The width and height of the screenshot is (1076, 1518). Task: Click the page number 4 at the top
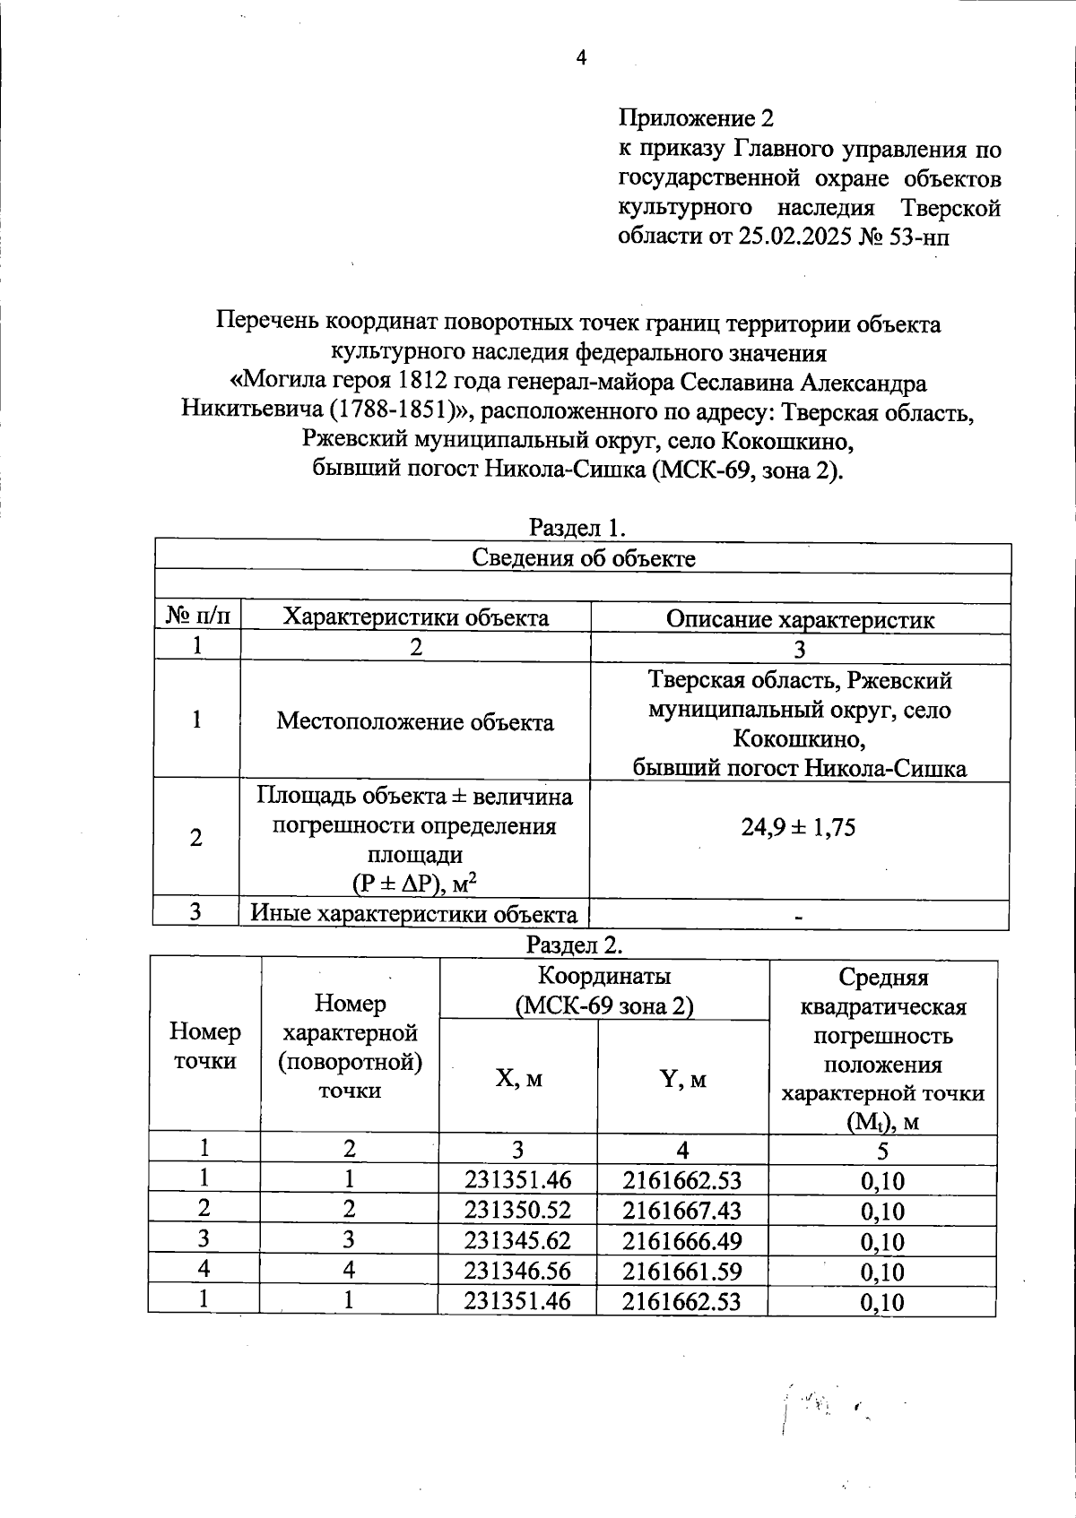pyautogui.click(x=581, y=58)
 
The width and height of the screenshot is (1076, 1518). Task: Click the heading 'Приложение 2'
pyautogui.click(x=695, y=117)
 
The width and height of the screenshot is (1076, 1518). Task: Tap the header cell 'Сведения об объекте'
pyautogui.click(x=583, y=558)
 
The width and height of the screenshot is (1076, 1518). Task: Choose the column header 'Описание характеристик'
pyautogui.click(x=800, y=619)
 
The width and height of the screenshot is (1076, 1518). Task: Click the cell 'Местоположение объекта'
pyautogui.click(x=414, y=721)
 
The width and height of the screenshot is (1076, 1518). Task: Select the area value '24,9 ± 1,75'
pyautogui.click(x=797, y=826)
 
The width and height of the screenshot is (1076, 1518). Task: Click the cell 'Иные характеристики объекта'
pyautogui.click(x=413, y=914)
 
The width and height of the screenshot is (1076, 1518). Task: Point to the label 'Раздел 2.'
pyautogui.click(x=574, y=944)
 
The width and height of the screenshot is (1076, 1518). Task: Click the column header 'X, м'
pyautogui.click(x=518, y=1078)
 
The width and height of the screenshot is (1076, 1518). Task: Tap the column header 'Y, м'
pyautogui.click(x=682, y=1078)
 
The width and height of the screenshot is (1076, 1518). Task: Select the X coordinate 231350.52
pyautogui.click(x=517, y=1210)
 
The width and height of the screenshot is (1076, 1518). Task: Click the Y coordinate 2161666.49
pyautogui.click(x=681, y=1240)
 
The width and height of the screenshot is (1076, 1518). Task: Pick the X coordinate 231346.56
pyautogui.click(x=517, y=1271)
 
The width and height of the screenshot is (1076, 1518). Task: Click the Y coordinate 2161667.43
pyautogui.click(x=681, y=1210)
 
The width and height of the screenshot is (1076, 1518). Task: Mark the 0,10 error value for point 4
pyautogui.click(x=881, y=1272)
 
